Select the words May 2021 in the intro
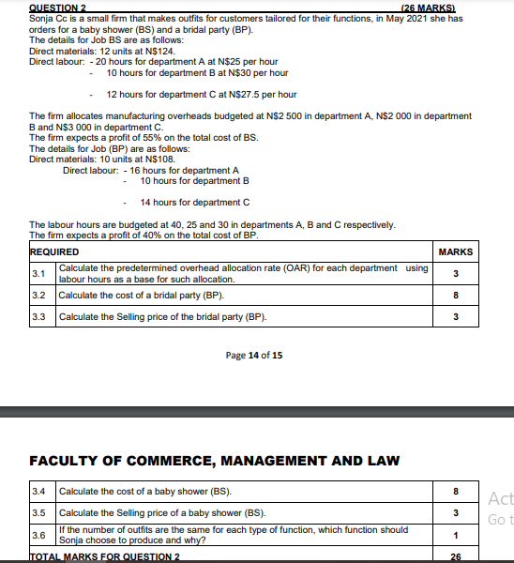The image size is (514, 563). [x=402, y=19]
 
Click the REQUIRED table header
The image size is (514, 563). [x=54, y=252]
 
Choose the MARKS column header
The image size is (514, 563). [x=456, y=252]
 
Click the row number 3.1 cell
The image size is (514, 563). [x=39, y=274]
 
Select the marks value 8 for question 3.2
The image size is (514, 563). [x=456, y=296]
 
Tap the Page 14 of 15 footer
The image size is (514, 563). [x=254, y=356]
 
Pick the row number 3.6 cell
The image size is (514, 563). [x=39, y=535]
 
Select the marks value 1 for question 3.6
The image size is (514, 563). [x=456, y=535]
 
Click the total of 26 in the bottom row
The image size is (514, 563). [x=456, y=556]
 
